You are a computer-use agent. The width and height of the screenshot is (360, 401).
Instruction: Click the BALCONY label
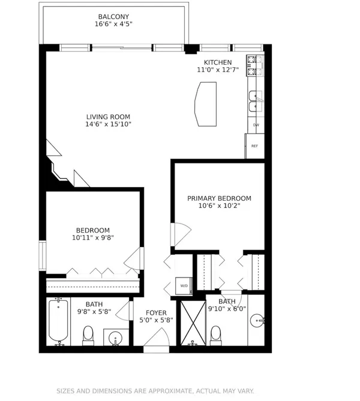[113, 17]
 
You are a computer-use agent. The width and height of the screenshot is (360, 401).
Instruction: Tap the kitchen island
[206, 104]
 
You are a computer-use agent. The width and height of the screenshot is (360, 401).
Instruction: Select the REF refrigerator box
[254, 146]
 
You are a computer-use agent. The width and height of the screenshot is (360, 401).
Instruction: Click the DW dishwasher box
[256, 125]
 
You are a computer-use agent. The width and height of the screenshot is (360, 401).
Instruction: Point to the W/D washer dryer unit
[184, 286]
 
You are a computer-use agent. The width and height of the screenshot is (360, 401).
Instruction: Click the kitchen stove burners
[255, 65]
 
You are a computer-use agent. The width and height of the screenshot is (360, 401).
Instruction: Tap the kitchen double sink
[256, 101]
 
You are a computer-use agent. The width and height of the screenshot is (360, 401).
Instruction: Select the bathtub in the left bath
[58, 321]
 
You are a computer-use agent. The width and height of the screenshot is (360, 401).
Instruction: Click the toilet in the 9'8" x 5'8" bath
[88, 336]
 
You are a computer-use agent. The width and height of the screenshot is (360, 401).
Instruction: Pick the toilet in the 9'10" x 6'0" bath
[215, 336]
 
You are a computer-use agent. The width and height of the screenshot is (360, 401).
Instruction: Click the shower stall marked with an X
[193, 323]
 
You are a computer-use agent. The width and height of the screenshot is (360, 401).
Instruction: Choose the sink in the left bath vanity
[115, 338]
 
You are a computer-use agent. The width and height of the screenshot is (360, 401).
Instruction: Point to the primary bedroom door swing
[181, 234]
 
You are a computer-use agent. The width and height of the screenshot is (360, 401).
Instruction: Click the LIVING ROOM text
[108, 117]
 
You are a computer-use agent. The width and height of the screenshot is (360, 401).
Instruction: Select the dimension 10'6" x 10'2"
[220, 206]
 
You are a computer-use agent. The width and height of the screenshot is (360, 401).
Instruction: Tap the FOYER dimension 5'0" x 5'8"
[156, 320]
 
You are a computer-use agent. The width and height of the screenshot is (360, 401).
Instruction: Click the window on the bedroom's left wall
[42, 255]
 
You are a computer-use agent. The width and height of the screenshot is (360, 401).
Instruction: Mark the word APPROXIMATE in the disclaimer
[170, 391]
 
